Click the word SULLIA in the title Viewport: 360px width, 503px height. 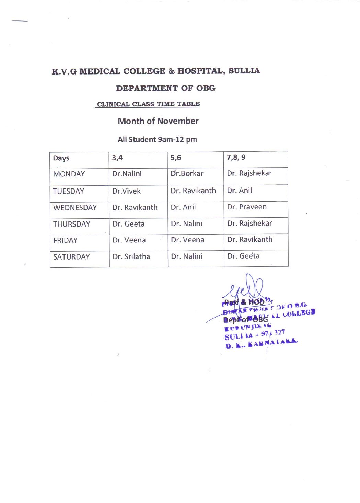coord(244,71)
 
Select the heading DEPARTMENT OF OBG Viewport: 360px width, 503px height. coord(165,88)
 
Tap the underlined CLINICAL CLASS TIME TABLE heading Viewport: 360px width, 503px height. coord(148,104)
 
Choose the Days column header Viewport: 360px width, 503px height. coord(61,158)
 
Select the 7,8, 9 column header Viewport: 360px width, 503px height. coord(236,157)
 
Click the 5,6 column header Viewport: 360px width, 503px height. coord(176,158)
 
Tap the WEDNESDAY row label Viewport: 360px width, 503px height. coord(75,208)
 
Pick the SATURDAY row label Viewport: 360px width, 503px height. coord(71,257)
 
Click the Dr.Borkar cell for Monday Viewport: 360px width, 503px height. coord(187,173)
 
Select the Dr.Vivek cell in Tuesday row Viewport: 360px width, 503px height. coord(126,191)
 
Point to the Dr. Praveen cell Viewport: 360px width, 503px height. coord(246,207)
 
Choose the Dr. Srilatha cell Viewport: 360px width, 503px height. coord(131,256)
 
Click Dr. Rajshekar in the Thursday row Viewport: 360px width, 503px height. coord(249,224)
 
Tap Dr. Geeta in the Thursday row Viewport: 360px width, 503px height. coord(128,224)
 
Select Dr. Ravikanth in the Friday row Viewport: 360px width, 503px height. coord(249,239)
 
